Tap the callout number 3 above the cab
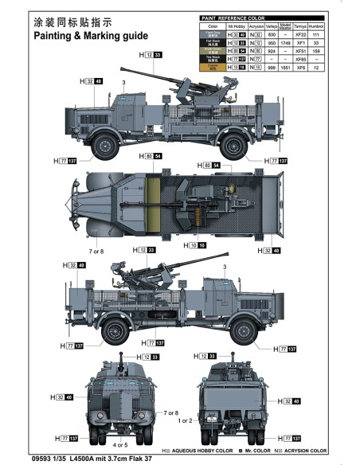tap(123, 82)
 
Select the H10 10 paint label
tap(197, 246)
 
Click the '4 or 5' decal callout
tap(120, 445)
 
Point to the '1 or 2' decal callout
tap(185, 420)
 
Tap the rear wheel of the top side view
tap(235, 145)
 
